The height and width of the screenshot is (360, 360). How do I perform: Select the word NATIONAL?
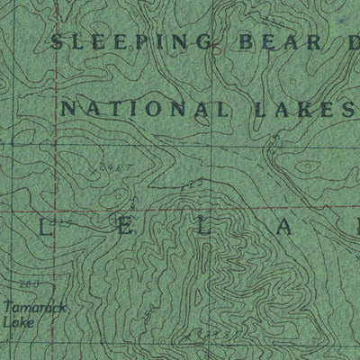[x=144, y=110]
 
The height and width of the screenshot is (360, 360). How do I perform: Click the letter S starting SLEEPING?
[x=59, y=41]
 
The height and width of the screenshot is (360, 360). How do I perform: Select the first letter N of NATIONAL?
[x=68, y=110]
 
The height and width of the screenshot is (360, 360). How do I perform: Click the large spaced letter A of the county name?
[x=281, y=230]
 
